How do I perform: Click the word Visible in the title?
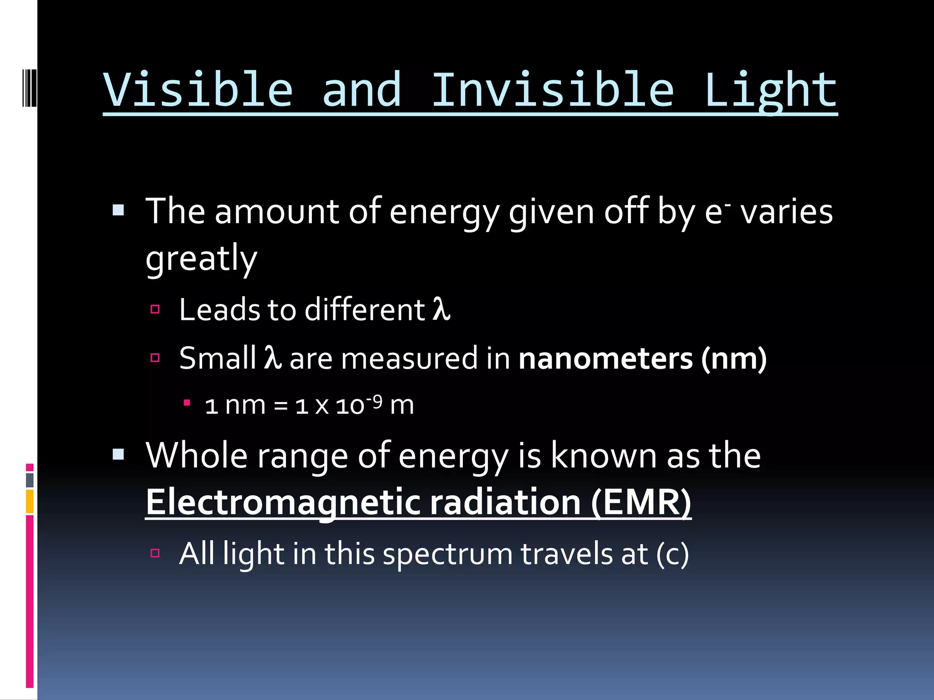(x=198, y=90)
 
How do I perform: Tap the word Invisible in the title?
(x=552, y=90)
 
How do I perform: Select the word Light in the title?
(x=770, y=90)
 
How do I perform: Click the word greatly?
(x=201, y=259)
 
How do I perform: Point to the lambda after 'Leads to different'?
(x=441, y=310)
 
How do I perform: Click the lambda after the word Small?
(x=273, y=358)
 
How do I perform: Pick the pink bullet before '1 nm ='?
(x=187, y=403)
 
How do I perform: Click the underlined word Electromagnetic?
(x=283, y=502)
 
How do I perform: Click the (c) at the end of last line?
(x=672, y=554)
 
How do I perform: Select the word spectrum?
(x=448, y=554)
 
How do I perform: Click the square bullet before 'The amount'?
(x=118, y=210)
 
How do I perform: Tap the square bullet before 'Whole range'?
(x=118, y=454)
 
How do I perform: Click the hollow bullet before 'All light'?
(x=155, y=553)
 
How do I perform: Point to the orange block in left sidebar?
(x=30, y=501)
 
